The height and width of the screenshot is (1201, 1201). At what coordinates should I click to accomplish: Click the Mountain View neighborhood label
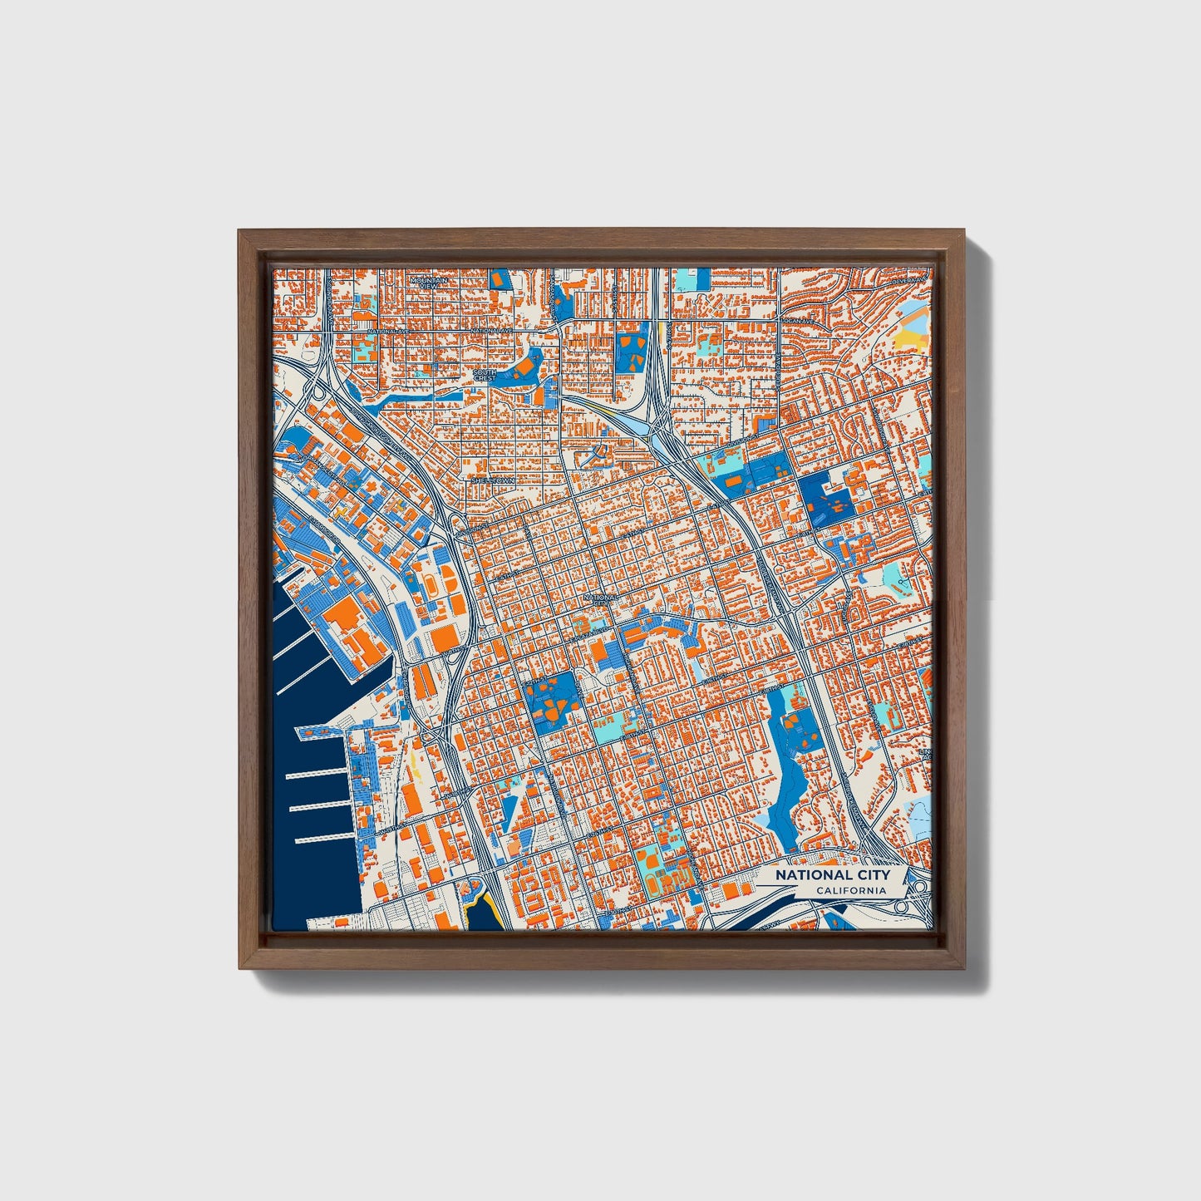429,283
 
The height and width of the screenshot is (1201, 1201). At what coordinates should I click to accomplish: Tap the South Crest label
484,376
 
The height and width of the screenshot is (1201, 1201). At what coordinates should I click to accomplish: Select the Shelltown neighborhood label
493,480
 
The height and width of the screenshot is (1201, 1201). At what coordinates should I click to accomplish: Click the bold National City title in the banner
832,875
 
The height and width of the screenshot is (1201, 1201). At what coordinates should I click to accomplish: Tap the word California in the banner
850,891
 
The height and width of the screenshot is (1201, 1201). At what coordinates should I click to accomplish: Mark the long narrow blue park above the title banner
781,765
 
